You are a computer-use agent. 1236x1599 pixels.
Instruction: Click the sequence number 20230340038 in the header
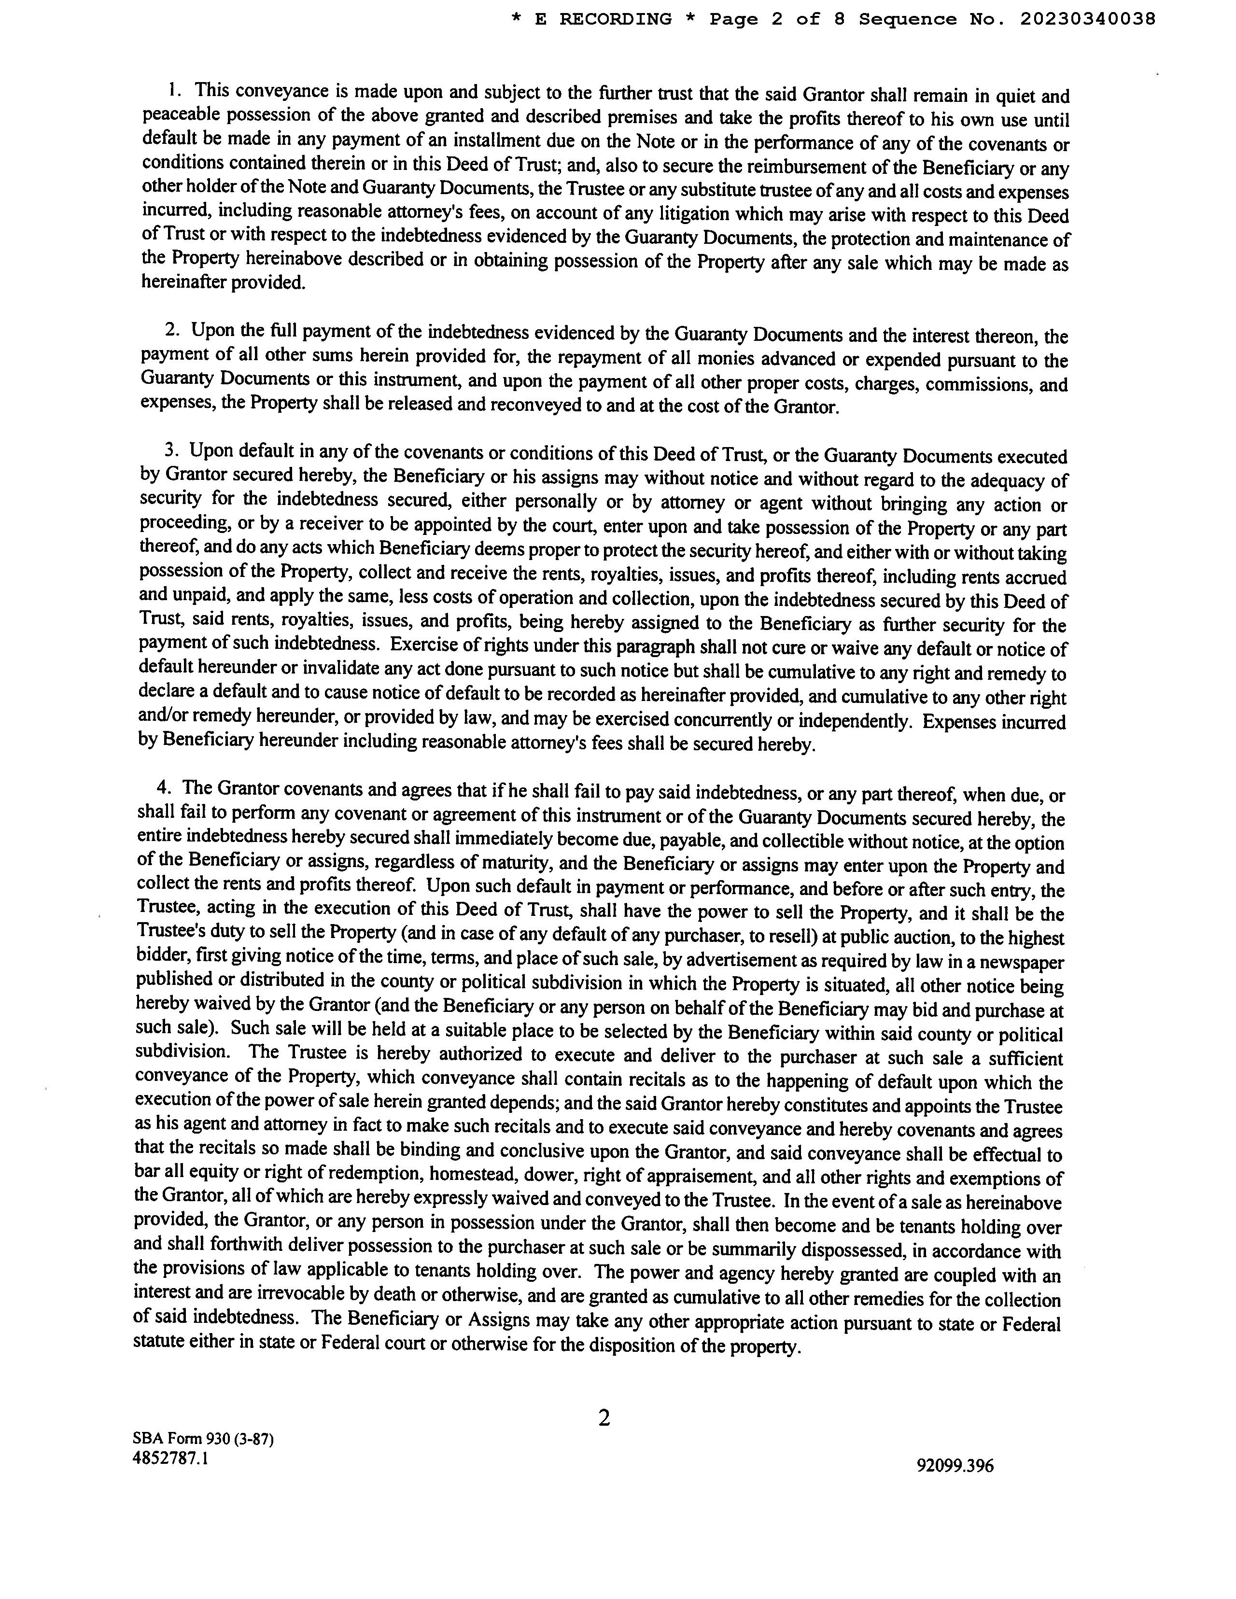(1087, 19)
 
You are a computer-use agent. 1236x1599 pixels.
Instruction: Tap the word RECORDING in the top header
(615, 19)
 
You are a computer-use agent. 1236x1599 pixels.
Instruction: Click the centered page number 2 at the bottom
(604, 1417)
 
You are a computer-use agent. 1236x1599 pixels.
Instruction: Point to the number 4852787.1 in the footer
(170, 1457)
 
